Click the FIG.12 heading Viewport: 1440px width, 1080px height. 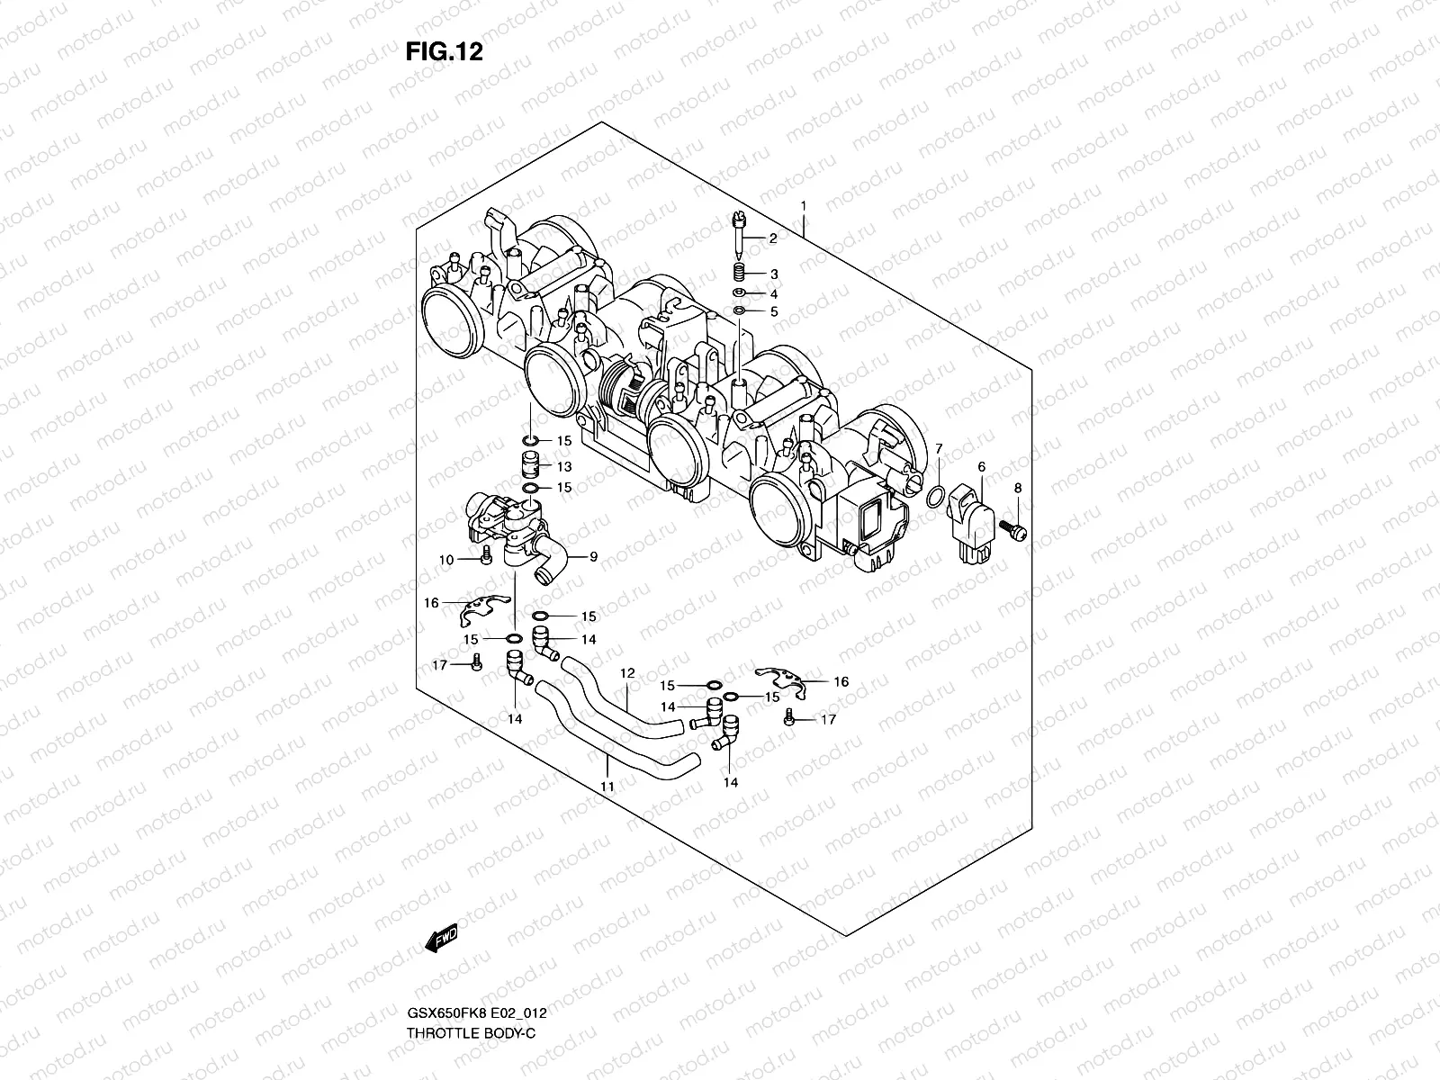point(444,52)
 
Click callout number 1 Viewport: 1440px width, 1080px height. point(803,206)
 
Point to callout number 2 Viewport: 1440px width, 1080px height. point(772,238)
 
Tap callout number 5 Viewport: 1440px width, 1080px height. point(772,311)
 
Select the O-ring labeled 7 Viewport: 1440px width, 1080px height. point(936,496)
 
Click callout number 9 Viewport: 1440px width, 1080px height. point(593,557)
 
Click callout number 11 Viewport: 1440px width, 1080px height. point(607,786)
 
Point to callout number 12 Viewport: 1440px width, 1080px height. point(627,672)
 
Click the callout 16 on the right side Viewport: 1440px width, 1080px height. point(841,681)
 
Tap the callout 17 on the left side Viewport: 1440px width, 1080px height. point(439,665)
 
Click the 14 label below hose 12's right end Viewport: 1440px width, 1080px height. point(730,782)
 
